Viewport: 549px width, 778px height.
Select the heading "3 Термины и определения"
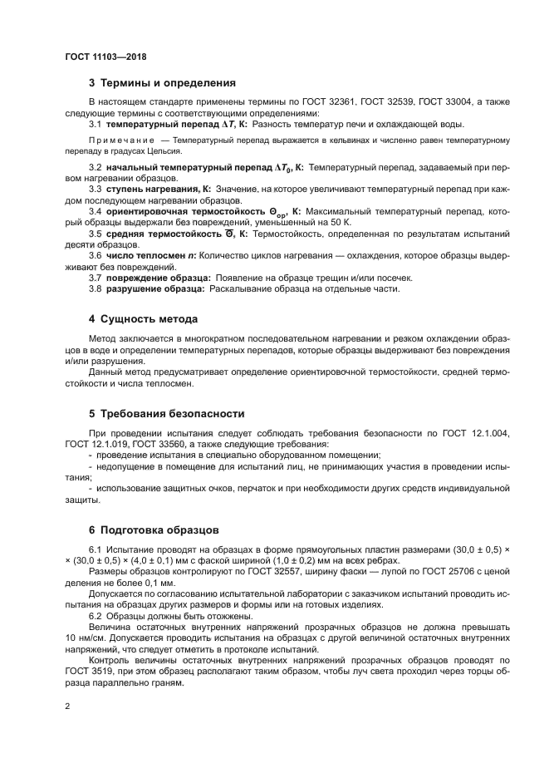[x=162, y=83]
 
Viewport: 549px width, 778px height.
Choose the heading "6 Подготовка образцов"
[x=154, y=529]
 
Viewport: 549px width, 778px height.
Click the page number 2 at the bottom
[x=67, y=707]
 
